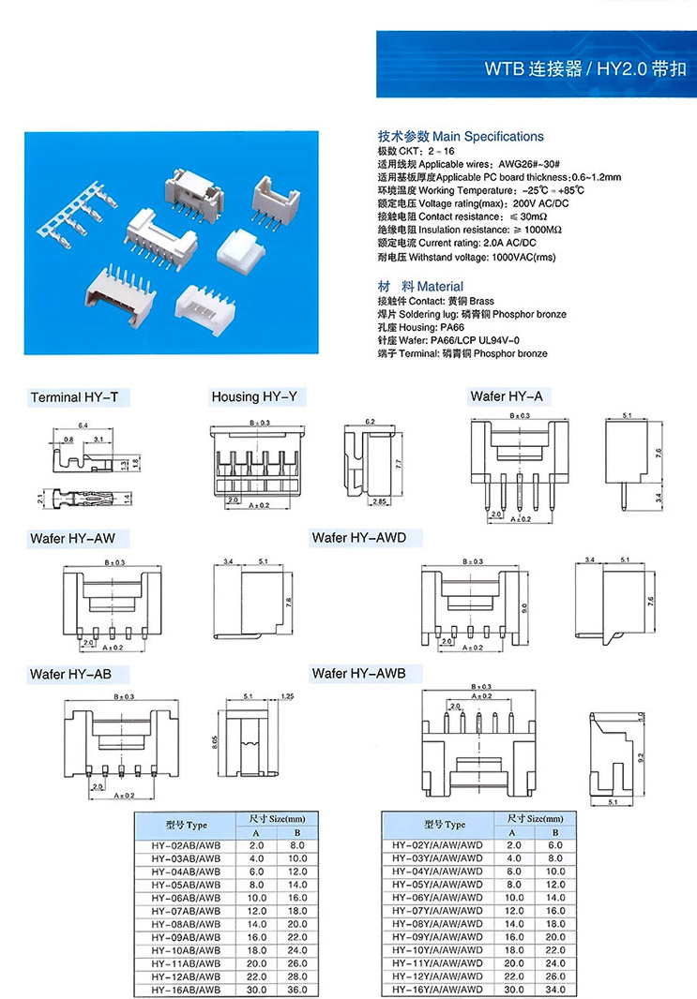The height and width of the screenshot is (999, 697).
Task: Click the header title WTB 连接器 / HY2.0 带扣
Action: coord(584,68)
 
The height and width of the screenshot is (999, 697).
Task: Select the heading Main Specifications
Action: coord(460,137)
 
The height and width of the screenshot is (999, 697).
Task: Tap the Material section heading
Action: coord(419,286)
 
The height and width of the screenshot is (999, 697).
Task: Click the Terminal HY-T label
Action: coord(74,397)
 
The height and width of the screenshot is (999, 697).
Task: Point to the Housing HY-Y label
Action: coord(253,396)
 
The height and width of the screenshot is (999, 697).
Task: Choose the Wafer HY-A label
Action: coord(506,396)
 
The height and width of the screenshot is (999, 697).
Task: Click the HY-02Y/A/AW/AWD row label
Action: coord(437,845)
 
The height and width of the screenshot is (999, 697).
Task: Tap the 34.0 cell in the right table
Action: coord(555,989)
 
